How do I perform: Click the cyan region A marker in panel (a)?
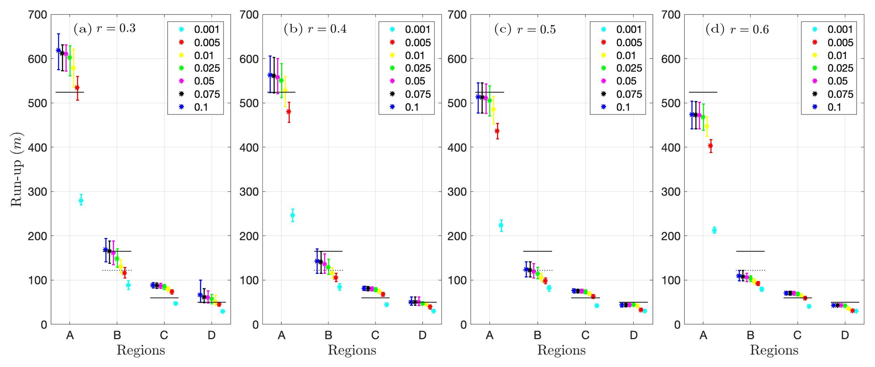pyautogui.click(x=81, y=201)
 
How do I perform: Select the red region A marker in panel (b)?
pyautogui.click(x=289, y=112)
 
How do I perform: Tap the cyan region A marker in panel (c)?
pyautogui.click(x=501, y=225)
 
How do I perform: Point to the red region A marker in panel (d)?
pyautogui.click(x=710, y=146)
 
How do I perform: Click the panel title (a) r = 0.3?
pyautogui.click(x=105, y=29)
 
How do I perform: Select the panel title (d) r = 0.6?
pyautogui.click(x=737, y=29)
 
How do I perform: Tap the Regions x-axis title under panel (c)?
pyautogui.click(x=561, y=350)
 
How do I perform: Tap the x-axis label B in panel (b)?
pyautogui.click(x=328, y=336)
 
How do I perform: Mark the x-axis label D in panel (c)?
pyautogui.click(x=633, y=336)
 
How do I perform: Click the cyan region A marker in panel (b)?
pyautogui.click(x=293, y=215)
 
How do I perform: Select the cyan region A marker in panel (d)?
pyautogui.click(x=714, y=230)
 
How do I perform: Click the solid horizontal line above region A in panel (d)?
pyautogui.click(x=703, y=92)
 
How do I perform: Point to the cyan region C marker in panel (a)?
pyautogui.click(x=175, y=303)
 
